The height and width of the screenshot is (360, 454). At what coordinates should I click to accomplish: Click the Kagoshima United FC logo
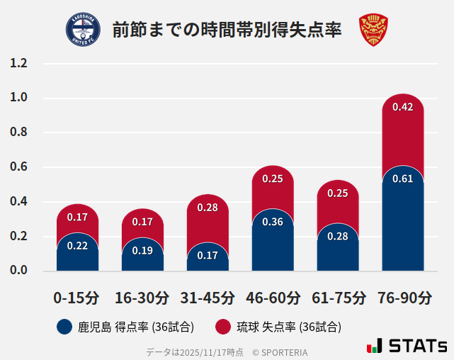[x=83, y=30]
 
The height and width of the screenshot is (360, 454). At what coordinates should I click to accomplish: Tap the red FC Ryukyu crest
[x=373, y=30]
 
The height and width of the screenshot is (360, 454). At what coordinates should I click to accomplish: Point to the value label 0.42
[x=403, y=107]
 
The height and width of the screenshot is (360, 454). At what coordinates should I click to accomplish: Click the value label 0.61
[x=403, y=179]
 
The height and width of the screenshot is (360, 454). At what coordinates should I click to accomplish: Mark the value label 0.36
[x=273, y=222]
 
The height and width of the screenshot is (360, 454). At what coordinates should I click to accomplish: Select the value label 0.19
[x=142, y=250]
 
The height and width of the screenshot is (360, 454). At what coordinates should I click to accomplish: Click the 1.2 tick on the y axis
[x=18, y=63]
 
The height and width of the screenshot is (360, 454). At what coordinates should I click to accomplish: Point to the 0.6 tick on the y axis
[x=18, y=167]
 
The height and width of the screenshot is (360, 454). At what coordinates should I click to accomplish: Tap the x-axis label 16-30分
[x=142, y=298]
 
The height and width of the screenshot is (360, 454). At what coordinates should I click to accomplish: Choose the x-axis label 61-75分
[x=339, y=298]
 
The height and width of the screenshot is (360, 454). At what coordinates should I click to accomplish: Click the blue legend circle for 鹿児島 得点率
[x=64, y=327]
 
